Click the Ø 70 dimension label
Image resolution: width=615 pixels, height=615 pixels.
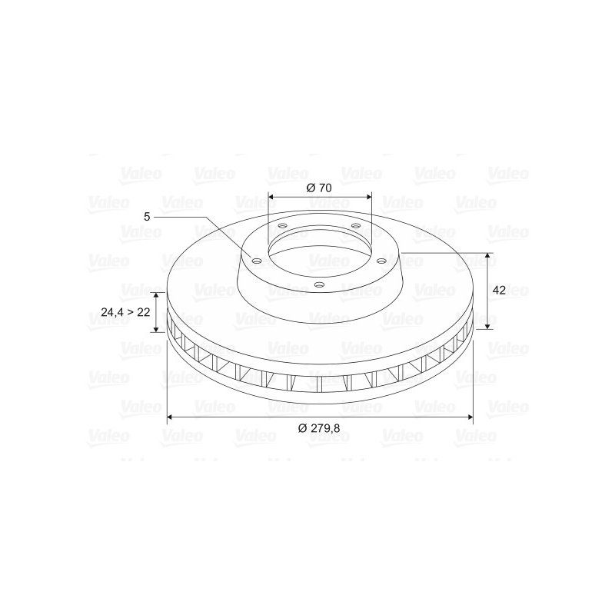pos(319,188)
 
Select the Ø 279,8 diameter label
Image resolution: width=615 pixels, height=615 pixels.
pos(319,428)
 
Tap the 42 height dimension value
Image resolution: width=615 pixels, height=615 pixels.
pos(499,291)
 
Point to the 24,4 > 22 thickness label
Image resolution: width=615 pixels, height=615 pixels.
pos(125,312)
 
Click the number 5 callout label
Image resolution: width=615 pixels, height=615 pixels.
pos(147,217)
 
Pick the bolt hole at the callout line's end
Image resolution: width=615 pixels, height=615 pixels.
pos(257,261)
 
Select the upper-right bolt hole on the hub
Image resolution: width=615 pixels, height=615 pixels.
pos(356,225)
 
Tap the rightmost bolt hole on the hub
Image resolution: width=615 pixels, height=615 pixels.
pos(381,261)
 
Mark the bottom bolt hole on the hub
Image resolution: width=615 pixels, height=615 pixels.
pos(320,285)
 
